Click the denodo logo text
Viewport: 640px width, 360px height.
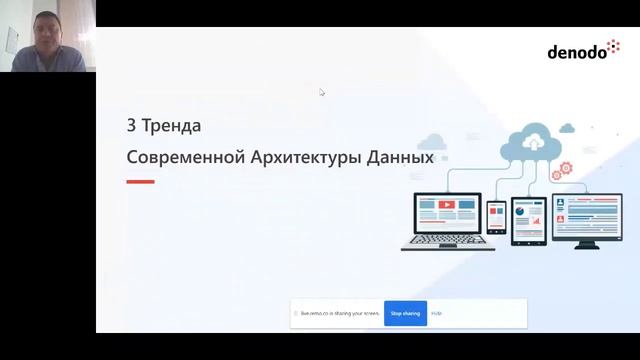click(577, 52)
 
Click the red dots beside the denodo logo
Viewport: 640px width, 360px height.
click(613, 46)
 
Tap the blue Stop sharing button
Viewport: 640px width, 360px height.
click(406, 313)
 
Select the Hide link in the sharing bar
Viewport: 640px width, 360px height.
click(437, 313)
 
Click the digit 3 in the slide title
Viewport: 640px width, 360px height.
click(130, 127)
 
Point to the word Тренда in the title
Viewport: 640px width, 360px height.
click(171, 127)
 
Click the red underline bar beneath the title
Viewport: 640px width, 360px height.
click(140, 182)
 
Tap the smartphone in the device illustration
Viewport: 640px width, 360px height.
click(497, 217)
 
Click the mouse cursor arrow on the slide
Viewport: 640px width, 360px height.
click(322, 92)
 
